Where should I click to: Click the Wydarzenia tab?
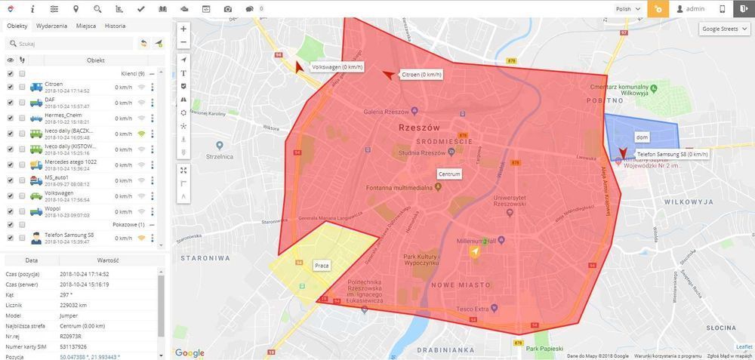[51, 26]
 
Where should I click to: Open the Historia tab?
[115, 26]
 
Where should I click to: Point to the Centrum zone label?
[449, 174]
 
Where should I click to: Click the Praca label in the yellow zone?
[322, 266]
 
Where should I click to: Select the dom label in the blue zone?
[643, 138]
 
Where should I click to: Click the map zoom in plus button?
[184, 29]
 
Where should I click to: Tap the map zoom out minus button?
[184, 42]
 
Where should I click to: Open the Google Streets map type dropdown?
[724, 29]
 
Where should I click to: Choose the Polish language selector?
[627, 9]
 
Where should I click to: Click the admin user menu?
[690, 9]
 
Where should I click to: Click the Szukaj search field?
[72, 44]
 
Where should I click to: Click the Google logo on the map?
[190, 352]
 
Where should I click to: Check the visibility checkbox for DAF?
[10, 103]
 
